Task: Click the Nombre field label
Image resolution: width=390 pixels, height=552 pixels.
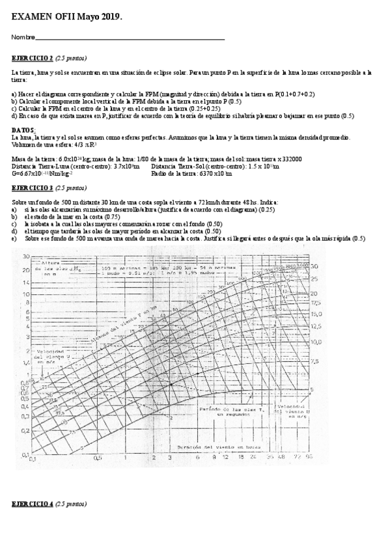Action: (x=23, y=38)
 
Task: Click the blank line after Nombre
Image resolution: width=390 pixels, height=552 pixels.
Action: (x=130, y=39)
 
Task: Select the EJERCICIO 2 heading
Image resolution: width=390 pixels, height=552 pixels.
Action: (x=33, y=57)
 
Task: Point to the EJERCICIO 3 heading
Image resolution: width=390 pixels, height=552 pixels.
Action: (x=33, y=187)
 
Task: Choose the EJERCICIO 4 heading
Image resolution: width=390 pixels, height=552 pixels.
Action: (x=33, y=504)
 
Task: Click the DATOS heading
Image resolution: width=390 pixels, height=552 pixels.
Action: (x=23, y=130)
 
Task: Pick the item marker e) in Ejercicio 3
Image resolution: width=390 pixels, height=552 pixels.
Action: (x=14, y=238)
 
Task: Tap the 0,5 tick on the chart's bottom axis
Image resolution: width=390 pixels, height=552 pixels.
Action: (x=98, y=458)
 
